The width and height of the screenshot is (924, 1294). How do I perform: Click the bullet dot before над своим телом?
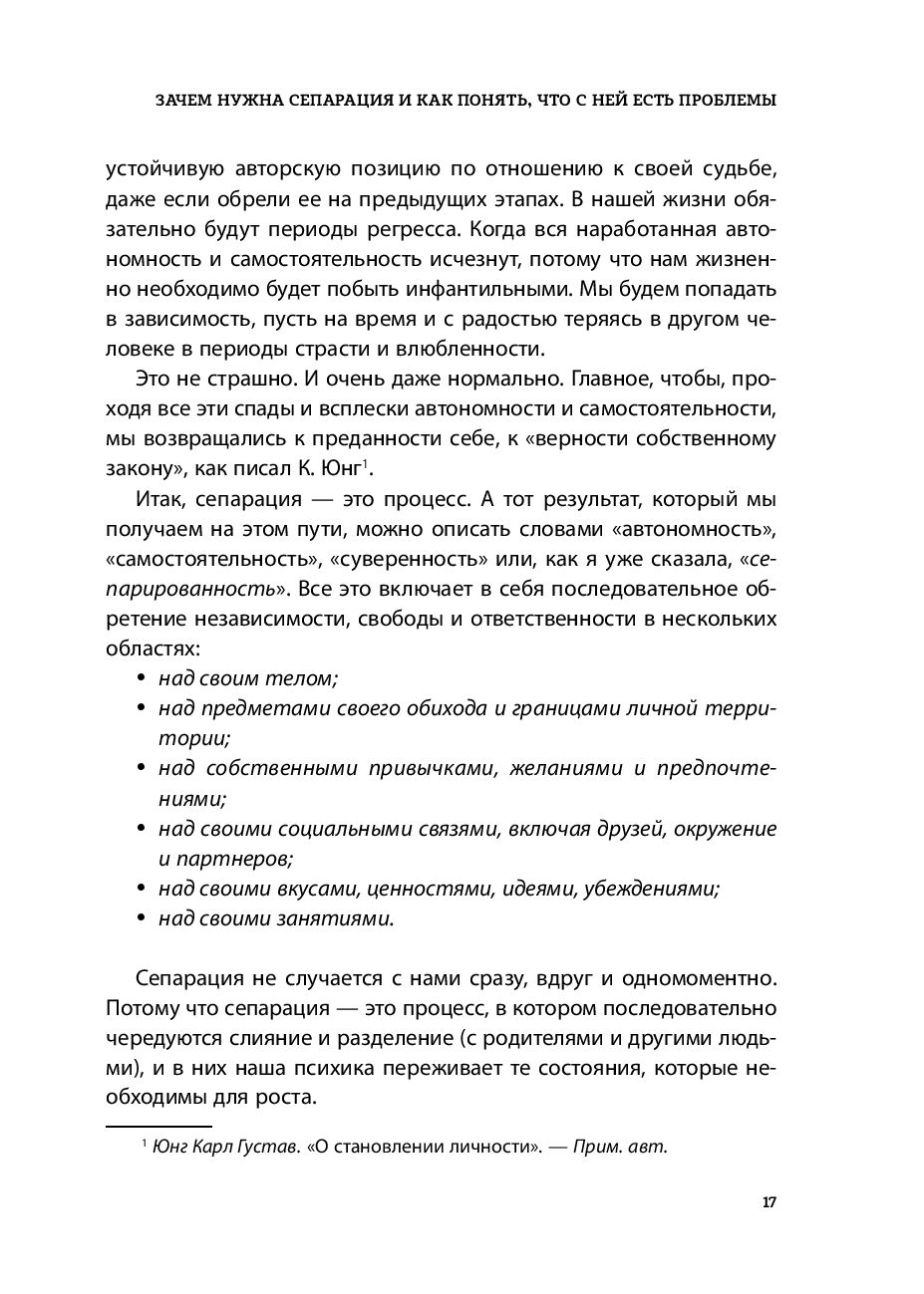coord(139,679)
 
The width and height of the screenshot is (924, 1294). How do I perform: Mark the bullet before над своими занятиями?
coord(139,917)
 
